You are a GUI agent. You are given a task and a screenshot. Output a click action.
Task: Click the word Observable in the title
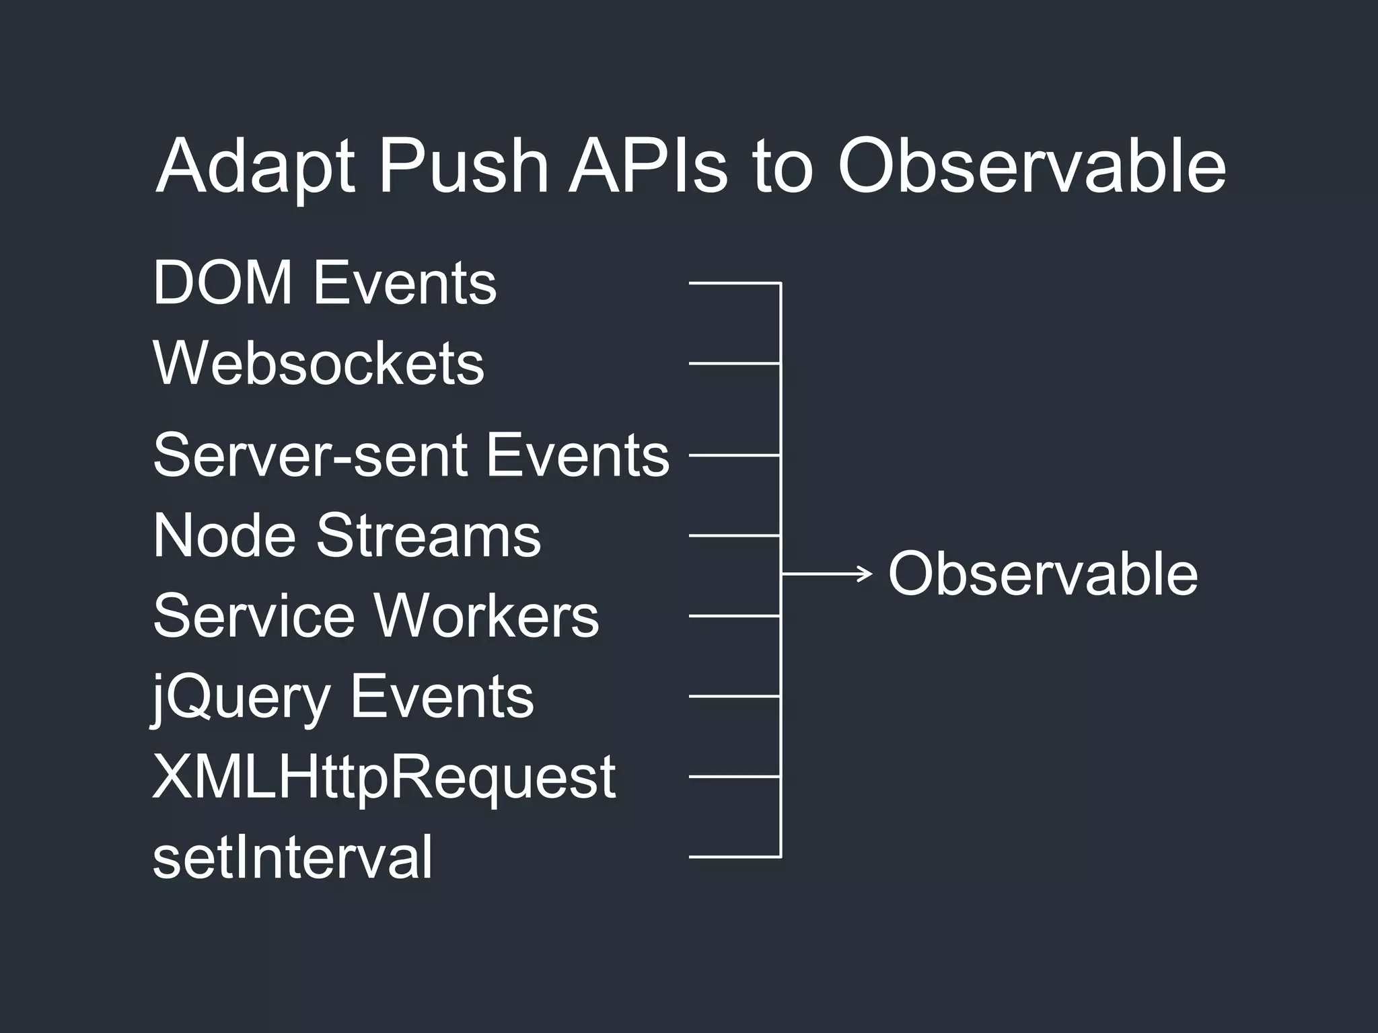click(1031, 166)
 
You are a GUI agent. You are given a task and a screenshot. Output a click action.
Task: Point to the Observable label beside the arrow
click(1043, 574)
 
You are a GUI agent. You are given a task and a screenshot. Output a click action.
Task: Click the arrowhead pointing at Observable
click(866, 574)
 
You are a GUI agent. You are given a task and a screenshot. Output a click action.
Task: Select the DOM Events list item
click(324, 283)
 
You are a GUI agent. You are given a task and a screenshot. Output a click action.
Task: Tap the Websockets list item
click(318, 363)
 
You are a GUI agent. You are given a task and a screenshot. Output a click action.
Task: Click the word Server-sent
click(310, 455)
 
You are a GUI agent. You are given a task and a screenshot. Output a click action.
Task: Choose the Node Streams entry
click(347, 535)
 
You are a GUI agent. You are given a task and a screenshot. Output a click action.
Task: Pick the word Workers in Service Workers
click(486, 615)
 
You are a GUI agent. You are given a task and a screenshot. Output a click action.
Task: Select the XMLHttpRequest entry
click(384, 777)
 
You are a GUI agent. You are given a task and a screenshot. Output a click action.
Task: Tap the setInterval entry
click(293, 857)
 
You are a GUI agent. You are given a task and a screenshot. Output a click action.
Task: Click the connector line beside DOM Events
click(734, 283)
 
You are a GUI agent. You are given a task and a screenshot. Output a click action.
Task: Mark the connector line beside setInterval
click(734, 857)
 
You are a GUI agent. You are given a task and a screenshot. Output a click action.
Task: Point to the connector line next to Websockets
click(734, 363)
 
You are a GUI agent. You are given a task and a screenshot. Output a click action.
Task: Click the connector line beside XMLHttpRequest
click(734, 776)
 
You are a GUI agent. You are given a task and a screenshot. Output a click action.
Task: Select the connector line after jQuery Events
click(734, 696)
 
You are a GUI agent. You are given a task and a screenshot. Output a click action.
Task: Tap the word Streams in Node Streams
click(428, 535)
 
